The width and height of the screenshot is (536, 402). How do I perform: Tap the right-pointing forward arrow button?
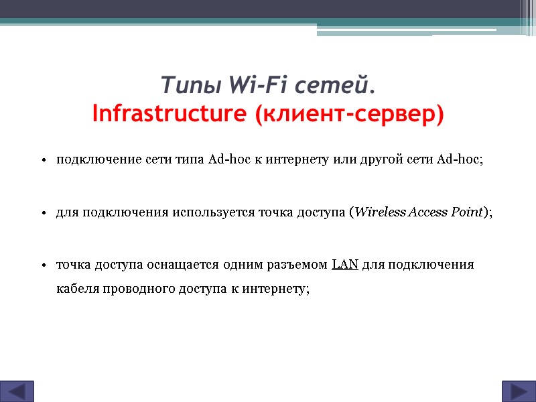(x=518, y=391)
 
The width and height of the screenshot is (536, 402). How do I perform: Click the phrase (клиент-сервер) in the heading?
(x=349, y=114)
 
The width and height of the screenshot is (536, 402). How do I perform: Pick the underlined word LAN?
(x=345, y=264)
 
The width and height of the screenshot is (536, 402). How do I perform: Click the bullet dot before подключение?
(x=43, y=161)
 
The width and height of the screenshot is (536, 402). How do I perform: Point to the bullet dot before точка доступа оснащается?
(x=43, y=265)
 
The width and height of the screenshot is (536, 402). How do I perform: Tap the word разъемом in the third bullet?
(x=301, y=264)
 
